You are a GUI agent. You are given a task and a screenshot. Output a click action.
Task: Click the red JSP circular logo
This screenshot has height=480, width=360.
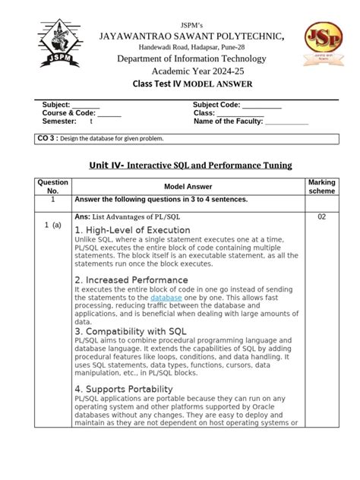click(x=317, y=44)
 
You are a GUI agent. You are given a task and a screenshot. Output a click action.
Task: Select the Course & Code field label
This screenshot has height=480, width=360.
click(x=69, y=112)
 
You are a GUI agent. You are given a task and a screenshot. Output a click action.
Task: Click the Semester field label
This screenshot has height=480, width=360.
click(x=59, y=121)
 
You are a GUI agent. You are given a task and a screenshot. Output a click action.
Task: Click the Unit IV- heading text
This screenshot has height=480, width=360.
click(x=106, y=165)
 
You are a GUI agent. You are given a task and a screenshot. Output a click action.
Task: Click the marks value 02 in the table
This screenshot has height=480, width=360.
click(x=321, y=217)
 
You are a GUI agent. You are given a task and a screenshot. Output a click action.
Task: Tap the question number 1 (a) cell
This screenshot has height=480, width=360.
click(x=52, y=225)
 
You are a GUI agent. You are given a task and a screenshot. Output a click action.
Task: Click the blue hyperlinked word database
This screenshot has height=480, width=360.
click(x=166, y=298)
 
